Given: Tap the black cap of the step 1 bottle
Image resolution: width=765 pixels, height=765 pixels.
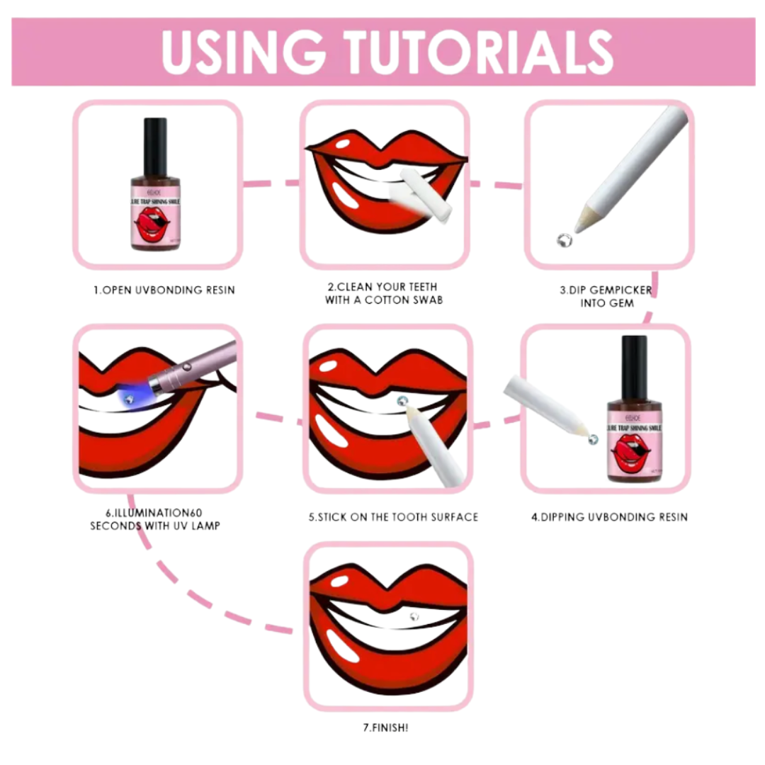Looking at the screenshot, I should tap(155, 138).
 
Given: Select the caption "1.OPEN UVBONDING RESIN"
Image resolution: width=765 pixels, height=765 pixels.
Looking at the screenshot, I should tap(164, 290).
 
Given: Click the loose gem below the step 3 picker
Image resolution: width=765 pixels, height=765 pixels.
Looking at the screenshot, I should tap(564, 240).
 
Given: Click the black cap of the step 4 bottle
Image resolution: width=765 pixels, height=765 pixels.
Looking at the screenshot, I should tap(634, 361).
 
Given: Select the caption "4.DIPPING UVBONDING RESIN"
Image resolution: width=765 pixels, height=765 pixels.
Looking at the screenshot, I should tap(609, 517).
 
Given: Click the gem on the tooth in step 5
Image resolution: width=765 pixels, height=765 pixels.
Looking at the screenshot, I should tap(402, 401).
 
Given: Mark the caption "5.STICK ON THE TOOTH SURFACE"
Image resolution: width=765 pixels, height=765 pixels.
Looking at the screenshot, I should tap(393, 517).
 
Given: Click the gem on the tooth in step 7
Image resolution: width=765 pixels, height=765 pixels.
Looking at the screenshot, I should tap(414, 616).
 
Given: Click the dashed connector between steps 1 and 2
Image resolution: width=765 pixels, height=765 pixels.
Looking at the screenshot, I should tap(271, 183).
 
